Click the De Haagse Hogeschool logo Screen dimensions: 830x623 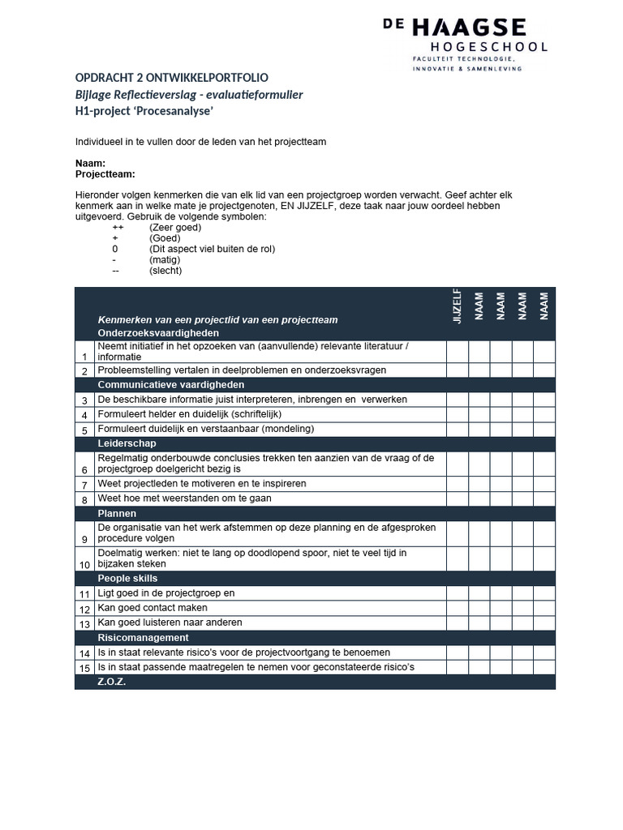[x=465, y=45]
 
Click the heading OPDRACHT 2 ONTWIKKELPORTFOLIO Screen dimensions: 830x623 [x=171, y=78]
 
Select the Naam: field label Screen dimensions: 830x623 [x=90, y=163]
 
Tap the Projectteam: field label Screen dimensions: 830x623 [x=105, y=173]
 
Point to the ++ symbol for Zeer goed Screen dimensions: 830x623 [x=118, y=228]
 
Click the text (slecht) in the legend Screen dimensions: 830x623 [x=165, y=271]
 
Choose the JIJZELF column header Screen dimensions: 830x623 [x=457, y=306]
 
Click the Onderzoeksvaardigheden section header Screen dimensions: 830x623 [x=158, y=333]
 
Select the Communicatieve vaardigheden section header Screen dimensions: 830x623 [x=171, y=384]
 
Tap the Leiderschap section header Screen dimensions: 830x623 [x=127, y=443]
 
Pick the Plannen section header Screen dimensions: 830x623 [x=118, y=513]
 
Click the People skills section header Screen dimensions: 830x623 [x=128, y=578]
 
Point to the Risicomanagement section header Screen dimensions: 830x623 [x=144, y=638]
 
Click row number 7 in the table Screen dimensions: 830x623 [x=84, y=485]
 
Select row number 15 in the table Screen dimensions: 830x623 [x=84, y=668]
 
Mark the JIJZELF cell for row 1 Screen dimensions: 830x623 [x=457, y=351]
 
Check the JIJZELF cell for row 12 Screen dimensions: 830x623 [x=457, y=608]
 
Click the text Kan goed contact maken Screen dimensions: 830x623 [x=153, y=608]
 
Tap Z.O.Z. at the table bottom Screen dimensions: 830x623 [x=112, y=682]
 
